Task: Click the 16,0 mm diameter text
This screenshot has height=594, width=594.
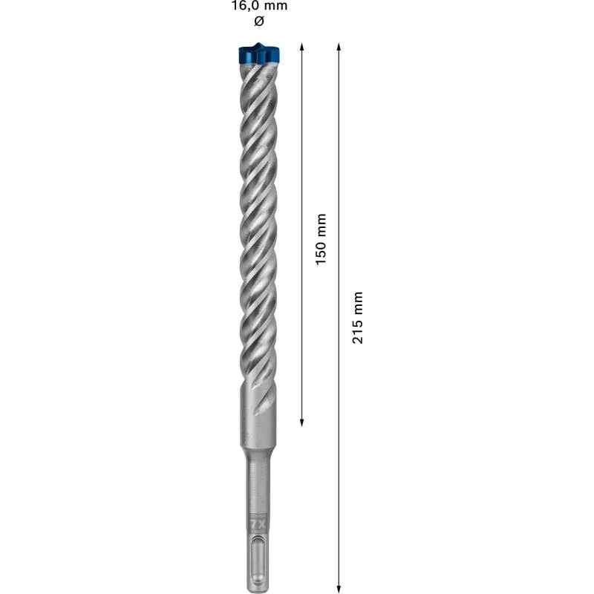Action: [x=258, y=6]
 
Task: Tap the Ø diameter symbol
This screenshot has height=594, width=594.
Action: [x=258, y=22]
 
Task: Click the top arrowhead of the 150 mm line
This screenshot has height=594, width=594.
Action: [x=301, y=47]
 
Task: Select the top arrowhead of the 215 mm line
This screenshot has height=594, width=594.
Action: [x=339, y=47]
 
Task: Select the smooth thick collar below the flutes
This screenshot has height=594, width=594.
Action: [x=257, y=416]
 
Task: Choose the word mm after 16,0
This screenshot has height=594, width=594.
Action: [x=274, y=6]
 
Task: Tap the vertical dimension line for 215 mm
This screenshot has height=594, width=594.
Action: [x=339, y=186]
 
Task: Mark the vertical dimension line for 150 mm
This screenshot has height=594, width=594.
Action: [x=301, y=148]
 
